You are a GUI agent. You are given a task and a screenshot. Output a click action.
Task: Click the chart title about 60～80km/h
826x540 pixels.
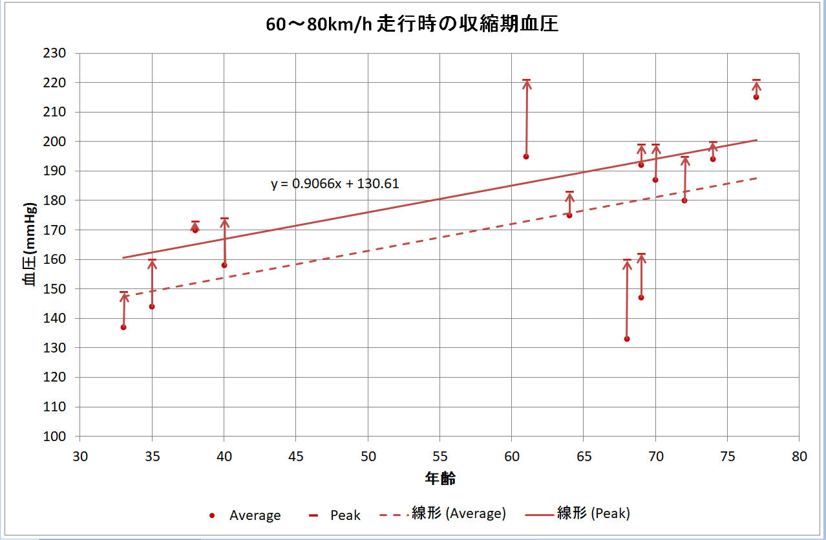pyautogui.click(x=412, y=25)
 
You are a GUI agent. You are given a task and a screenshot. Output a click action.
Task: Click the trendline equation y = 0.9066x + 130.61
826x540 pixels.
pyautogui.click(x=335, y=184)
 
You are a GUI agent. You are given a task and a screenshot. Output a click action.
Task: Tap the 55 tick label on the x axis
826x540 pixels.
pyautogui.click(x=439, y=456)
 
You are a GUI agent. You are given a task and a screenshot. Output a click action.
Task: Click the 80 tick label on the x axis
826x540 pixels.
pyautogui.click(x=799, y=456)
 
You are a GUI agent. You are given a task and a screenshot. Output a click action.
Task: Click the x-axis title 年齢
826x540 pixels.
pyautogui.click(x=439, y=479)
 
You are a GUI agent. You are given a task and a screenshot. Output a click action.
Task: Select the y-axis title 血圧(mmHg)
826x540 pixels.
pyautogui.click(x=29, y=244)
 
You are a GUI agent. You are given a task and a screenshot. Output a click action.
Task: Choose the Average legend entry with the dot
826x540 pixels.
pyautogui.click(x=246, y=515)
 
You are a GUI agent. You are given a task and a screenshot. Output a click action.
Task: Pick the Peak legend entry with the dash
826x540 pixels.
pyautogui.click(x=336, y=515)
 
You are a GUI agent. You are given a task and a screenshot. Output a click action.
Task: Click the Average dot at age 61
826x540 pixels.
pyautogui.click(x=526, y=157)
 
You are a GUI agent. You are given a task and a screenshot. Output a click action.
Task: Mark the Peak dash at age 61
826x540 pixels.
pyautogui.click(x=526, y=80)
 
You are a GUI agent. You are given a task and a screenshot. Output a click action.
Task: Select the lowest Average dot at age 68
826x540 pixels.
pyautogui.click(x=627, y=339)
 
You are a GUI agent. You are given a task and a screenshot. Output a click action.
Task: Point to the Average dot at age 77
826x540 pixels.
pyautogui.click(x=756, y=97)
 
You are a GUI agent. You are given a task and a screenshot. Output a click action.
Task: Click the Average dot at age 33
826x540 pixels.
pyautogui.click(x=123, y=327)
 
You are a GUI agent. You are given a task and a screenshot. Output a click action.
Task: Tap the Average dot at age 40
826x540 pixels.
pyautogui.click(x=224, y=265)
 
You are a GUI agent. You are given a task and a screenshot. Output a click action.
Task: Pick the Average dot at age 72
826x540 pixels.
pyautogui.click(x=684, y=200)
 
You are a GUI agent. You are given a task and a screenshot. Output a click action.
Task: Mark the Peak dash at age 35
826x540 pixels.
pyautogui.click(x=152, y=260)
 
